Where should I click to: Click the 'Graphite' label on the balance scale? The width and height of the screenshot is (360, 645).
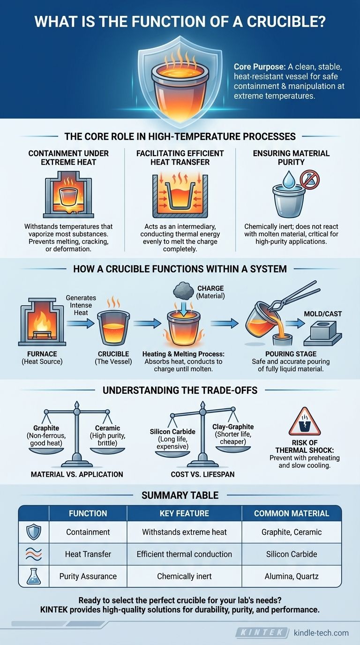[46, 428]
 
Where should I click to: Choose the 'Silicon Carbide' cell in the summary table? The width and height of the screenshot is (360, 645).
[292, 554]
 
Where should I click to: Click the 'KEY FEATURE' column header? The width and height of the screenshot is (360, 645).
[184, 513]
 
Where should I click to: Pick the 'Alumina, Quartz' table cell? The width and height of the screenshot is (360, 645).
[292, 576]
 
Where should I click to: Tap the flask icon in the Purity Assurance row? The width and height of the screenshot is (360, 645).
[34, 576]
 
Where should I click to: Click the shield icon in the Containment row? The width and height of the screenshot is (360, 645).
[34, 532]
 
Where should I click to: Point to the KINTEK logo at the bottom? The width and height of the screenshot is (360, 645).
[262, 633]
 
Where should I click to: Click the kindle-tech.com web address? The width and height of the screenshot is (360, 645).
[321, 633]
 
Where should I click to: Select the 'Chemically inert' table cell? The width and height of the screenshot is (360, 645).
[184, 576]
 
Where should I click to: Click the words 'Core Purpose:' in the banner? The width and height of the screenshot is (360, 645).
[256, 67]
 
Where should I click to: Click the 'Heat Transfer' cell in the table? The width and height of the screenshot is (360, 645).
[88, 554]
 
